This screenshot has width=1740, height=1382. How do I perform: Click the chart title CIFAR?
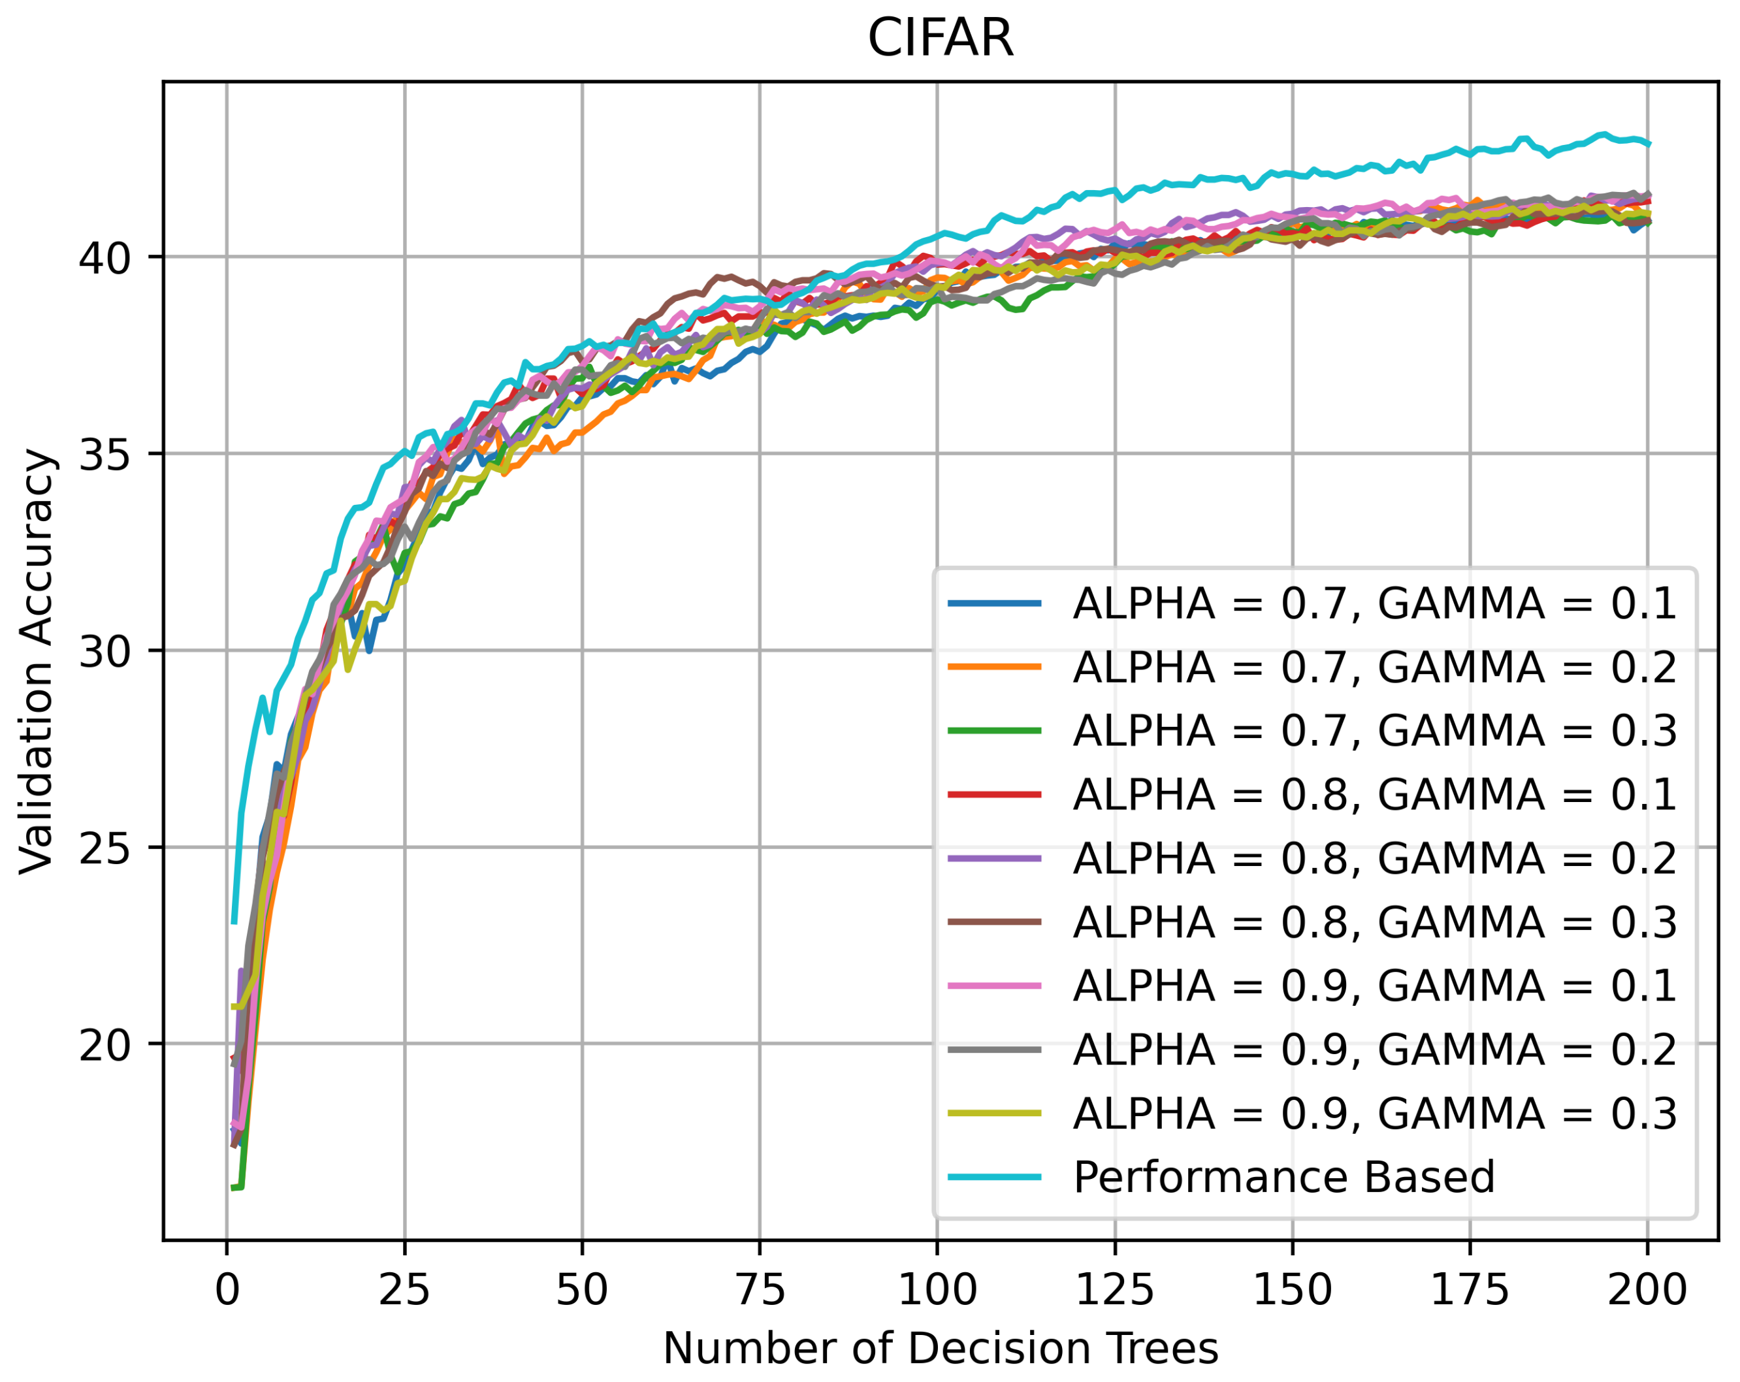click(940, 38)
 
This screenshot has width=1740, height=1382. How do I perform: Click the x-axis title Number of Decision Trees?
click(940, 1347)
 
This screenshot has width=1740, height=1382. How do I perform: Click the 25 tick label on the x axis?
click(404, 1289)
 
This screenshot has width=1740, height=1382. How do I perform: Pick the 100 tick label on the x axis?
click(937, 1289)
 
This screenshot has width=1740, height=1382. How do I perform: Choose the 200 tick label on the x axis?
click(1647, 1289)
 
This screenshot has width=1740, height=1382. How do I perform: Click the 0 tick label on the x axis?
click(227, 1289)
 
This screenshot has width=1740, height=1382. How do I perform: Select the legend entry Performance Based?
click(1284, 1176)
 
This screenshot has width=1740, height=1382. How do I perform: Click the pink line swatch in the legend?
click(994, 986)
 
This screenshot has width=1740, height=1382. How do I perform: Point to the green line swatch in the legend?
click(994, 731)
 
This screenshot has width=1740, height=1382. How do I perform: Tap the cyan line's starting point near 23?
click(234, 922)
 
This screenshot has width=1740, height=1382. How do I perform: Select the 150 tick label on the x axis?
click(1292, 1289)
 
